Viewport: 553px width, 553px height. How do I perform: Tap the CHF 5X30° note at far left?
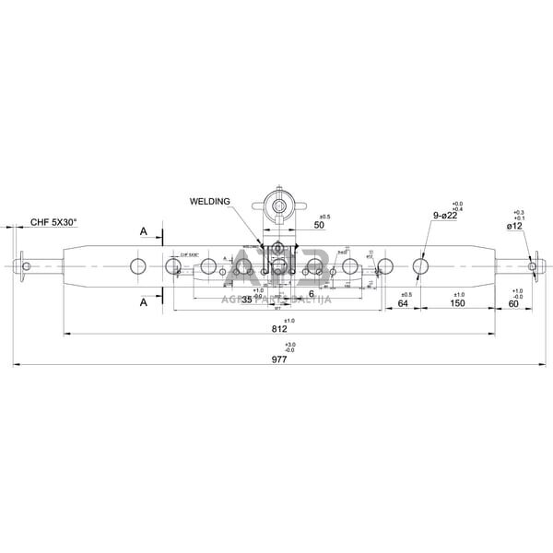[x=53, y=222]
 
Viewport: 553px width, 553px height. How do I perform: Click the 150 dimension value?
[x=457, y=303]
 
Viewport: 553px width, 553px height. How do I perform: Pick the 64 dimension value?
[x=403, y=303]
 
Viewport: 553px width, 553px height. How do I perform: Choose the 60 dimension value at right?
[x=513, y=303]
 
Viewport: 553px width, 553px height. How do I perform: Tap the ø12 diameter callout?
[x=514, y=225]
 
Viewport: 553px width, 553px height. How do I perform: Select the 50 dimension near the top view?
[x=319, y=225]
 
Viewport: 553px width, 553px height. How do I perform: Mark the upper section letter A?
[x=143, y=232]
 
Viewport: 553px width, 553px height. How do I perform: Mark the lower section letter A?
[x=143, y=301]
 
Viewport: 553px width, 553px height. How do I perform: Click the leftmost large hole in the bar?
[x=137, y=267]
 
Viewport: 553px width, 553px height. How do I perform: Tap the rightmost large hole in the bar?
[x=420, y=267]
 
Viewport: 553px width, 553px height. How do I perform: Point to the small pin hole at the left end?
[x=28, y=267]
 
